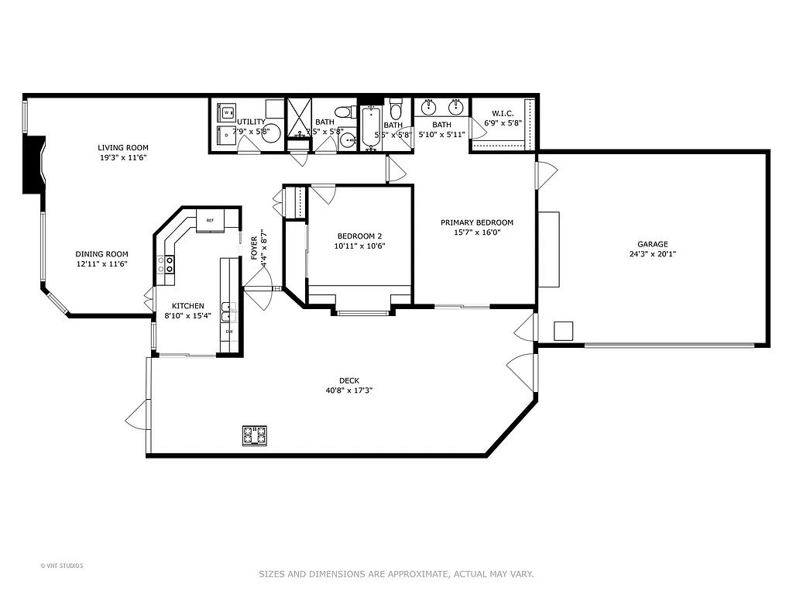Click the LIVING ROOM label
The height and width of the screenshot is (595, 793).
pos(122,147)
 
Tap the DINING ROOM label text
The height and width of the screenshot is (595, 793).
pos(101,254)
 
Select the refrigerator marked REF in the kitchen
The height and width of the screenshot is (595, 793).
pos(210,220)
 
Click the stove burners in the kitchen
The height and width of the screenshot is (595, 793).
pos(167,265)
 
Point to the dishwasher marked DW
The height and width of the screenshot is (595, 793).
pos(229,332)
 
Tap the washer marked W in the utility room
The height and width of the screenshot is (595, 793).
pos(227,113)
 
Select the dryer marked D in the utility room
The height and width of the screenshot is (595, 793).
pos(226,136)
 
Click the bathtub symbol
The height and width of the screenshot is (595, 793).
pos(369,129)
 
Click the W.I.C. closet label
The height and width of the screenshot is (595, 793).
pos(503,113)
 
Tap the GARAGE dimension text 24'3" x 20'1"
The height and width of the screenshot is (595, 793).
pos(653,253)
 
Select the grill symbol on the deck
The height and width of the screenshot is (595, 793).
pos(255,435)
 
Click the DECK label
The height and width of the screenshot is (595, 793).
pos(348,380)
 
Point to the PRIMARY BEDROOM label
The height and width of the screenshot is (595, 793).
pos(476,222)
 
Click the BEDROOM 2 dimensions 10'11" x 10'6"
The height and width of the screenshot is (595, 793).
pos(360,246)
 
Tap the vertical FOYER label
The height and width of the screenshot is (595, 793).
pos(254,247)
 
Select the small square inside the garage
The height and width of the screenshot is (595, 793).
pos(564,331)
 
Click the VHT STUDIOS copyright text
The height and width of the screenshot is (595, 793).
pos(62,566)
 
